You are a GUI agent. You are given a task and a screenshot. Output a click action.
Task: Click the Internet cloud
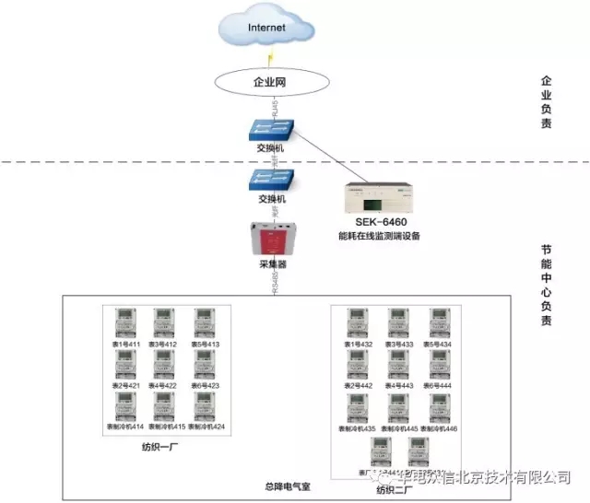pos(268,29)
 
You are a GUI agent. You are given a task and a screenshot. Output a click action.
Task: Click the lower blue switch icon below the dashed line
pos(272,178)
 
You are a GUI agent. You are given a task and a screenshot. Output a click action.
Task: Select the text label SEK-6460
pos(378,223)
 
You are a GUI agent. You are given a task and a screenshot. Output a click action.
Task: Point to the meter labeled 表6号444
pos(441,365)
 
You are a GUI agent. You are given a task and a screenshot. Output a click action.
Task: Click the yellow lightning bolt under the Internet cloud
pos(270,57)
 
